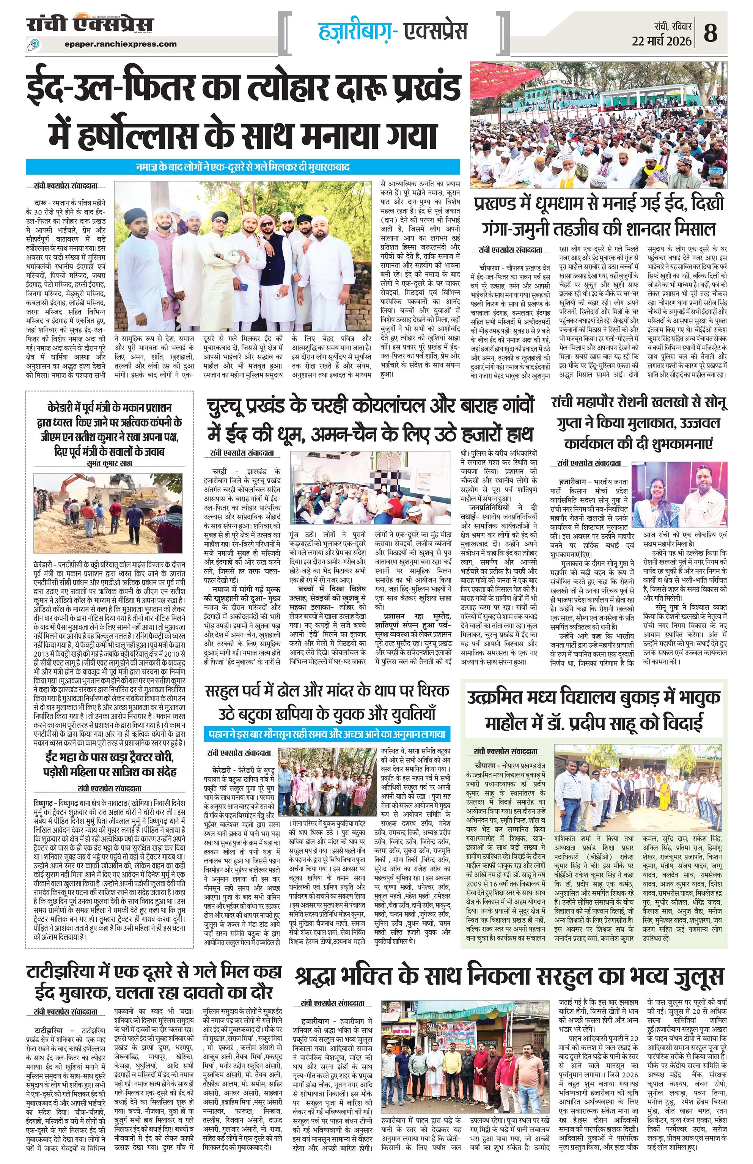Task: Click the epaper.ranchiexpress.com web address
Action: pos(120,44)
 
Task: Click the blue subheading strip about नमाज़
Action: pos(243,167)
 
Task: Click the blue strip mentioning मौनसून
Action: pos(327,734)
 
